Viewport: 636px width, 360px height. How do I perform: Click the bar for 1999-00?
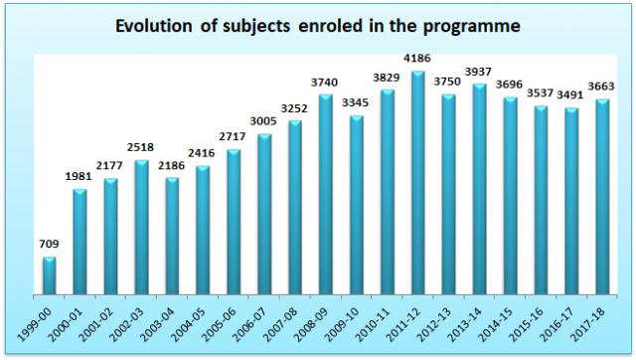[x=49, y=275]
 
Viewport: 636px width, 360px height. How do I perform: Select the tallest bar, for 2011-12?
[x=418, y=183]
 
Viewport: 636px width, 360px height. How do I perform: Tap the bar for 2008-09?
[x=326, y=194]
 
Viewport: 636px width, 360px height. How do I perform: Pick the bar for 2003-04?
[x=172, y=236]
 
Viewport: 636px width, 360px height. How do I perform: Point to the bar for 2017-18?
[x=602, y=197]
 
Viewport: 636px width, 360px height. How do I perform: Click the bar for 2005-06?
[x=234, y=222]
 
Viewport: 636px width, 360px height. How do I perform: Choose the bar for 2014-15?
[x=510, y=196]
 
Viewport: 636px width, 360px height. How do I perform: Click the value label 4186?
[x=417, y=59]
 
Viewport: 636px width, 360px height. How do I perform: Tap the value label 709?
[x=49, y=244]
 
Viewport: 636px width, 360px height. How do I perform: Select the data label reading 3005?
[x=262, y=121]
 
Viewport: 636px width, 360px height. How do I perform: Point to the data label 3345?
[x=356, y=102]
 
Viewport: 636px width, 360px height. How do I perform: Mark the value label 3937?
[x=478, y=72]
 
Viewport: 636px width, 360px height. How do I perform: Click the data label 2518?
[x=140, y=147]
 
